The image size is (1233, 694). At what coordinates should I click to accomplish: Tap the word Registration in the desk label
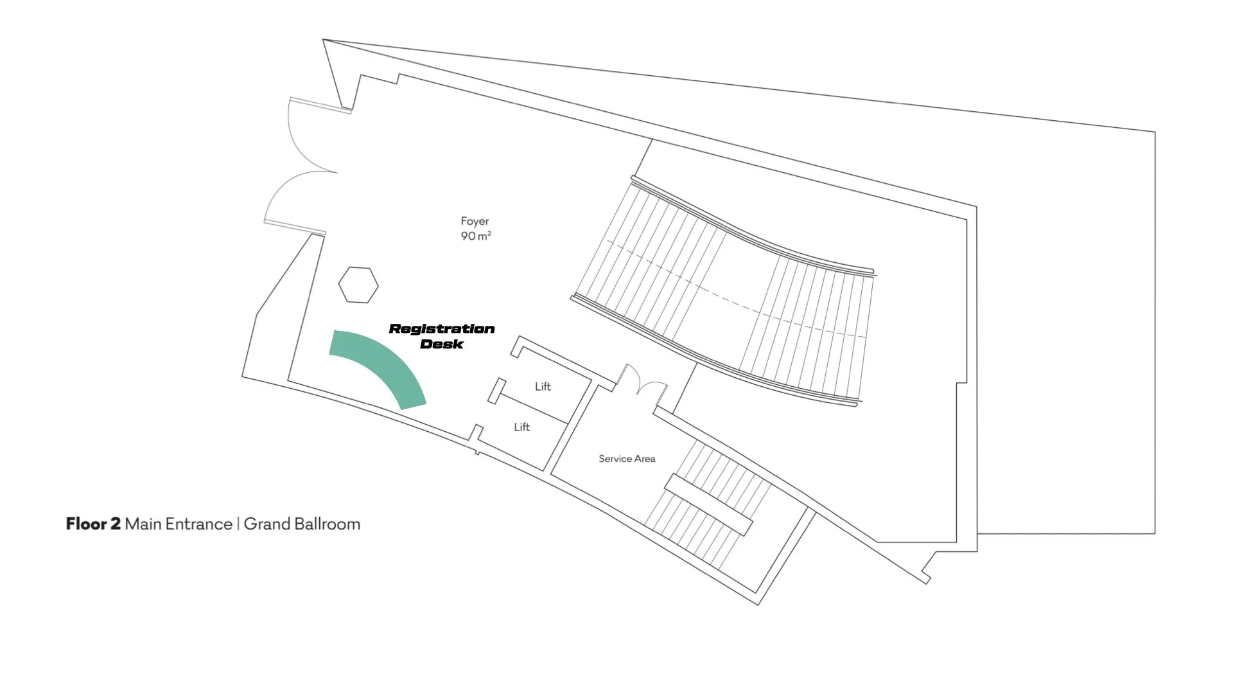coord(442,329)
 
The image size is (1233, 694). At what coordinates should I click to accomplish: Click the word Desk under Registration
coord(442,344)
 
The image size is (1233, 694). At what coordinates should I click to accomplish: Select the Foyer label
coord(475,221)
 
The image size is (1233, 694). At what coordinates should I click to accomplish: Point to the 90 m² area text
coord(475,236)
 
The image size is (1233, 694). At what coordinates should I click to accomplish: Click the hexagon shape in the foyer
coord(358,285)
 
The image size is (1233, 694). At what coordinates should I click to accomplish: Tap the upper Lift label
coord(543,386)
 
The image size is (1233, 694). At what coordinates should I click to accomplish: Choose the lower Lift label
coord(521,427)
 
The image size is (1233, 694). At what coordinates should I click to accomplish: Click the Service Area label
coord(627,459)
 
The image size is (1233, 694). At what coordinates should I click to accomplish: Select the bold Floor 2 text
coord(93,524)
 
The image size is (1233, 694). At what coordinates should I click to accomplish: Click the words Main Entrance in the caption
coord(179,524)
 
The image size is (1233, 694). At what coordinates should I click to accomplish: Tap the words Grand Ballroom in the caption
coord(302,524)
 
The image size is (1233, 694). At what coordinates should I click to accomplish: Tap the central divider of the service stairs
coord(708,504)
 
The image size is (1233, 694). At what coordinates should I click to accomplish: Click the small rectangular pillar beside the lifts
coord(496,391)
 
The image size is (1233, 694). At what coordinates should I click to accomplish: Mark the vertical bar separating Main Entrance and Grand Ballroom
coord(238,524)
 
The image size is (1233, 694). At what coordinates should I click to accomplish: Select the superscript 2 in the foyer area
coord(489,233)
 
